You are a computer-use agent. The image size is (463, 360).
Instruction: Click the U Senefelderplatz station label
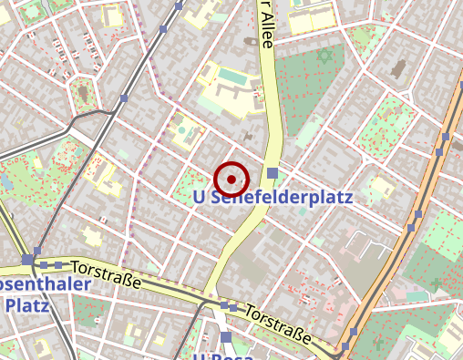[x=273, y=197]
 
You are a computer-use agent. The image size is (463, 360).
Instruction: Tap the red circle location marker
[x=231, y=179]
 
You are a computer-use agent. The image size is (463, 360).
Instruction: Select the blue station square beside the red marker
[x=273, y=173]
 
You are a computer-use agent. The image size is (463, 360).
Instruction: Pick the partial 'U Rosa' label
[x=222, y=354]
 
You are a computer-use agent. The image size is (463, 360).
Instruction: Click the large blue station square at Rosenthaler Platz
[x=27, y=261]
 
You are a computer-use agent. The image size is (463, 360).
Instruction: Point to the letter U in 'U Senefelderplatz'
[x=200, y=197]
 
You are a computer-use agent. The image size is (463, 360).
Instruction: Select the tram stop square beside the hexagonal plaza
[x=121, y=98]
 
